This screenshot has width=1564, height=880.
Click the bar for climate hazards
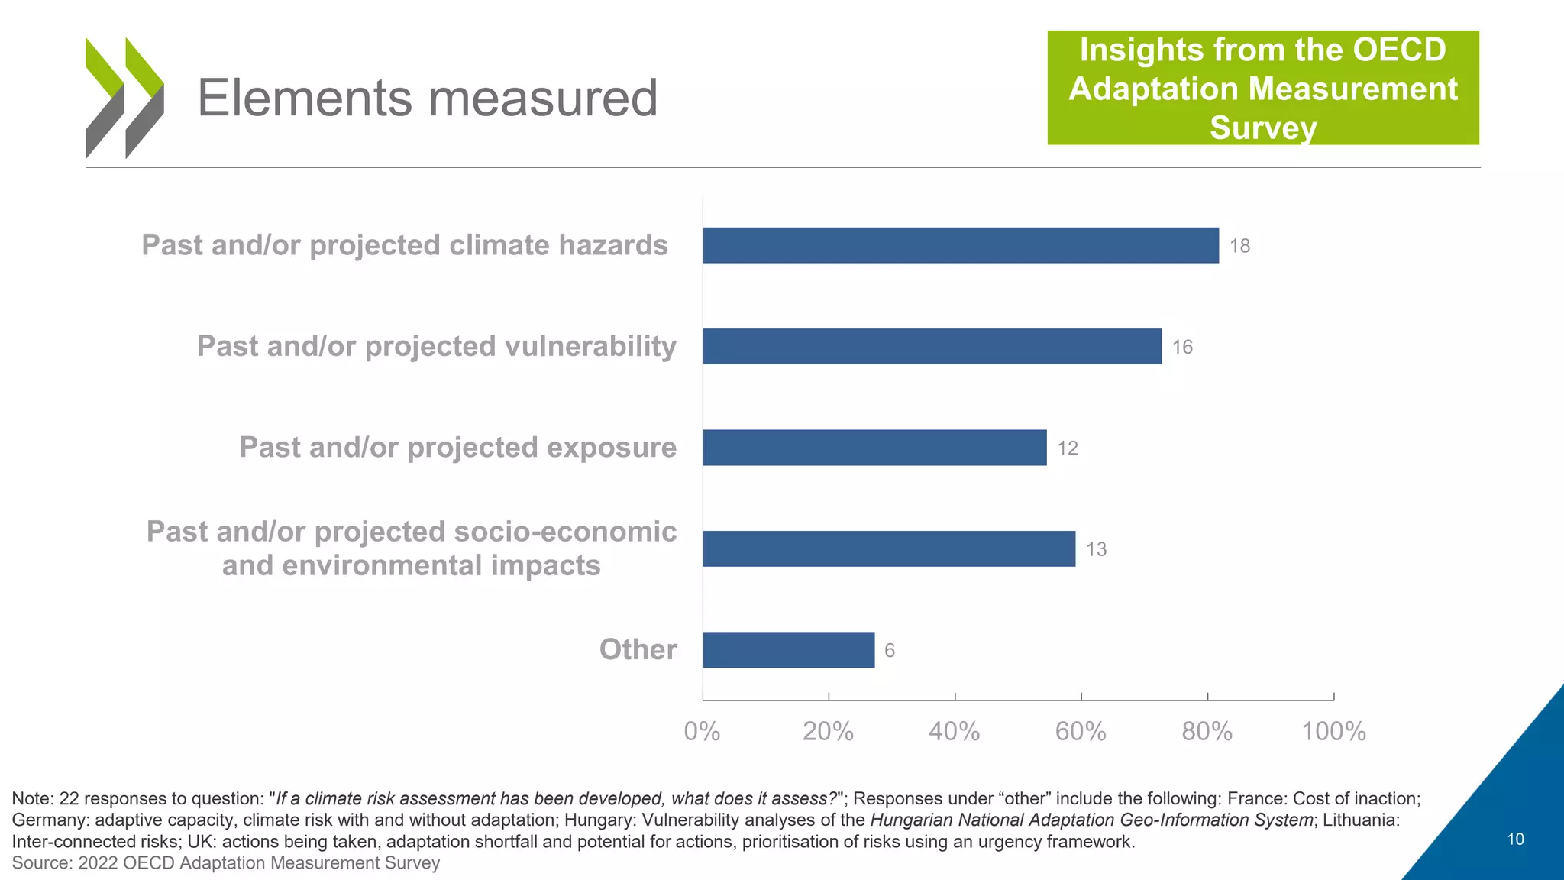(x=961, y=245)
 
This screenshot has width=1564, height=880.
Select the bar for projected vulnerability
(x=932, y=346)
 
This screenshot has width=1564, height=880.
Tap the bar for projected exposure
(x=874, y=448)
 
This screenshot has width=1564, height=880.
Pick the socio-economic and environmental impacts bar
(x=889, y=548)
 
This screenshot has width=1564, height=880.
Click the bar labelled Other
(x=788, y=650)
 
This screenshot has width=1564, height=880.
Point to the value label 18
(x=1239, y=246)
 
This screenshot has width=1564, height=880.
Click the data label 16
(x=1182, y=348)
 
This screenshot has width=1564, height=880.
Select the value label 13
(x=1096, y=549)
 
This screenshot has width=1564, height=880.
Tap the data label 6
(x=889, y=651)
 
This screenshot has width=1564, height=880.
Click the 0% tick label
(x=702, y=732)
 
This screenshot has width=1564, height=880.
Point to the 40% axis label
(x=954, y=732)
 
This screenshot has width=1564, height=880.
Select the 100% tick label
(x=1333, y=732)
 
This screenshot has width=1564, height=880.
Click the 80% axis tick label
(x=1207, y=732)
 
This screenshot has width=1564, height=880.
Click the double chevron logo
(x=124, y=98)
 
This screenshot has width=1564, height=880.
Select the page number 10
(x=1515, y=839)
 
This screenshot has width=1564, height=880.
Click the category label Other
(x=638, y=649)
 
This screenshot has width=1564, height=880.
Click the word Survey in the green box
(x=1263, y=128)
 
